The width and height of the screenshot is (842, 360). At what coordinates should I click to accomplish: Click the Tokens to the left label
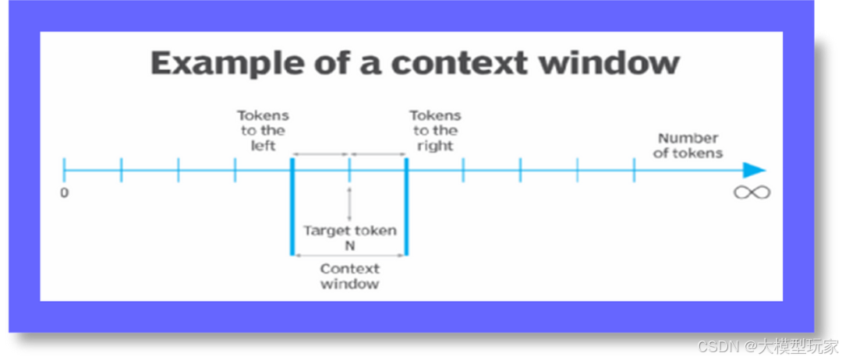263,131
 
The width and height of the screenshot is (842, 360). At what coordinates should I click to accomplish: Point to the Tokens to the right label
435,131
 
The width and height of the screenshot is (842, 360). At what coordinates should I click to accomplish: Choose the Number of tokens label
688,146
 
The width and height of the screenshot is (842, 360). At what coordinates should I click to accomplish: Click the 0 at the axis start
64,192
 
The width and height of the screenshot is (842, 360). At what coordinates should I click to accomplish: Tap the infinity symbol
752,192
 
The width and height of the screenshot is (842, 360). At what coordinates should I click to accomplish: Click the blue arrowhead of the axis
754,171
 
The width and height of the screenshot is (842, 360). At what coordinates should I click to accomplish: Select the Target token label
349,231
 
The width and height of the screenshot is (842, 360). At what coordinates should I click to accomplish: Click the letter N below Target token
349,245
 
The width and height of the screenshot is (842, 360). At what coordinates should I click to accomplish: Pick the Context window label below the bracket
349,276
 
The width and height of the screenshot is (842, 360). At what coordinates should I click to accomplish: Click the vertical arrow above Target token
349,204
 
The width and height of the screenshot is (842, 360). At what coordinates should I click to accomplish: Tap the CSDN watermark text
716,345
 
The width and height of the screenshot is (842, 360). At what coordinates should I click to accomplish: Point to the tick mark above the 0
64,170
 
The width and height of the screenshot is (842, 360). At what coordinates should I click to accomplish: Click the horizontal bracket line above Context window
349,256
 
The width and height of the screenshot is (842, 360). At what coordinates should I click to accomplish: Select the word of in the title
350,63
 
